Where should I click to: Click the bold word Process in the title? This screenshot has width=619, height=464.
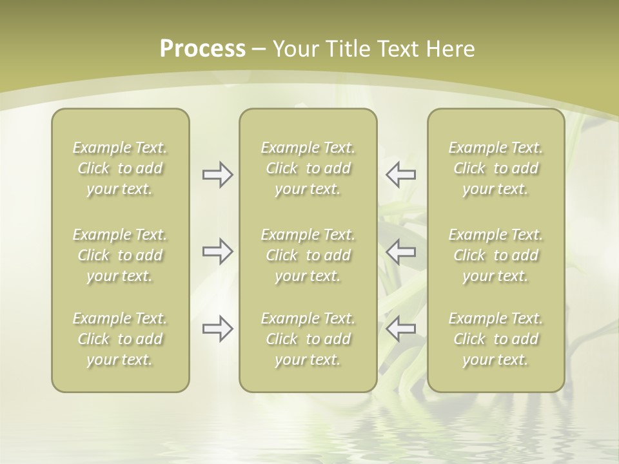click(202, 49)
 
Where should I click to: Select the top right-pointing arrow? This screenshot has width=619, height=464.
click(217, 175)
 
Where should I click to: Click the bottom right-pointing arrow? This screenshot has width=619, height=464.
click(217, 329)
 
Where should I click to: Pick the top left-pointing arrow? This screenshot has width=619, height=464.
click(401, 175)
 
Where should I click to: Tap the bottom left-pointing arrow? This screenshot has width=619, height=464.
click(401, 329)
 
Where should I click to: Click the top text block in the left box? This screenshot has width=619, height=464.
click(120, 168)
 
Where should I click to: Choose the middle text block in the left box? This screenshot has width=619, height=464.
click(120, 255)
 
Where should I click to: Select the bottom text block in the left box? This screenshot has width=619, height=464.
click(120, 339)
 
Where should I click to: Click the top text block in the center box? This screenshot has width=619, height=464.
click(308, 168)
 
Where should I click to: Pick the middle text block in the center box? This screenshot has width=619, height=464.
click(308, 255)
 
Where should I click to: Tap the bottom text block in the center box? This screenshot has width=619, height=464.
click(308, 339)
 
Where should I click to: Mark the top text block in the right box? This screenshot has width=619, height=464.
click(495, 168)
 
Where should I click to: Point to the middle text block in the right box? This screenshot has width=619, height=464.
click(495, 255)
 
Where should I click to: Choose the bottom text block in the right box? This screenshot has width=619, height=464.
click(495, 339)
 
